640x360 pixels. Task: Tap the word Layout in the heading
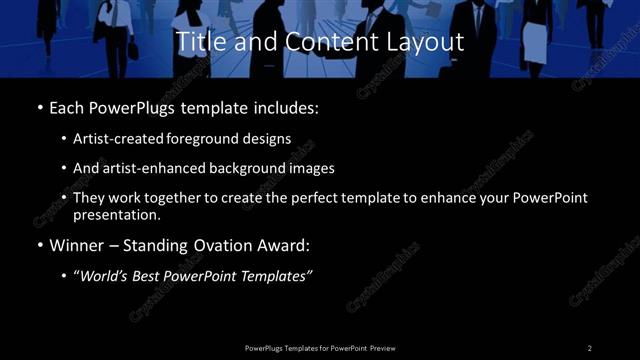(429, 42)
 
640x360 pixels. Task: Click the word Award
(288, 245)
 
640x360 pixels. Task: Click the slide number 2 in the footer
(589, 347)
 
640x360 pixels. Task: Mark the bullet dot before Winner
(40, 245)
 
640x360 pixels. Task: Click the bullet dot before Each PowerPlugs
(40, 106)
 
